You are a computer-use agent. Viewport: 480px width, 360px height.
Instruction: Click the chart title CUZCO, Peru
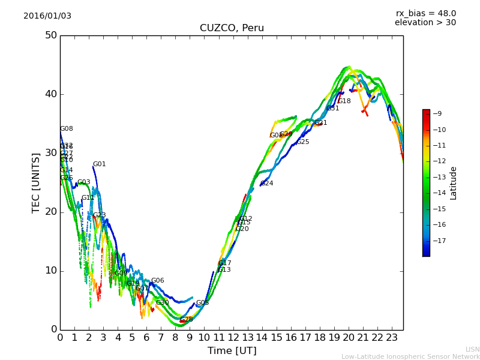[232, 28]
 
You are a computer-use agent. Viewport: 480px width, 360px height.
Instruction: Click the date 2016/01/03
[47, 16]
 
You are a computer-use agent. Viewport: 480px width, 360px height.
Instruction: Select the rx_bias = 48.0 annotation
[425, 13]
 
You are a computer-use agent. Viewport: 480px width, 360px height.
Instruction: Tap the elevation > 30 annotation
[425, 23]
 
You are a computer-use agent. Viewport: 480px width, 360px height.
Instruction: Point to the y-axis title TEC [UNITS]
[36, 182]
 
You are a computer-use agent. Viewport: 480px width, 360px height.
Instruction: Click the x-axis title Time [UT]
[232, 350]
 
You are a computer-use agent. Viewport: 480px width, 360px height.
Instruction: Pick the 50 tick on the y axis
[50, 35]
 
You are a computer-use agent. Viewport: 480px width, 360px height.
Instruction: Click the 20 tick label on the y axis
[50, 212]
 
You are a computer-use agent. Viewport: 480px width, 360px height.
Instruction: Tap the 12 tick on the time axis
[233, 337]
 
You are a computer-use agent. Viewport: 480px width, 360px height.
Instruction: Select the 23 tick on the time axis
[392, 337]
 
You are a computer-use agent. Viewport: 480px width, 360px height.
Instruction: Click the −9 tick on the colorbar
[437, 113]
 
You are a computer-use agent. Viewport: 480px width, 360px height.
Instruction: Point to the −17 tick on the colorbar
[439, 241]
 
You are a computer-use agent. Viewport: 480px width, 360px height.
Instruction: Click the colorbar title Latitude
[454, 183]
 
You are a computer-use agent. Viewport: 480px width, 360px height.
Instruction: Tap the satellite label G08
[67, 129]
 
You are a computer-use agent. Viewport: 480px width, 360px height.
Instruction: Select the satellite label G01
[100, 164]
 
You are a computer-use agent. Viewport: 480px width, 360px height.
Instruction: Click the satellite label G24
[267, 184]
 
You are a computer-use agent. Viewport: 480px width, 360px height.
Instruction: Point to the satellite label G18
[344, 101]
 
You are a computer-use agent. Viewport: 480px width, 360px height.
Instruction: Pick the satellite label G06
[158, 281]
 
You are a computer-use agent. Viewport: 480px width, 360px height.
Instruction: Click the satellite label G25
[303, 142]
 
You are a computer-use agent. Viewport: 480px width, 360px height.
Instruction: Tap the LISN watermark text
[473, 349]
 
